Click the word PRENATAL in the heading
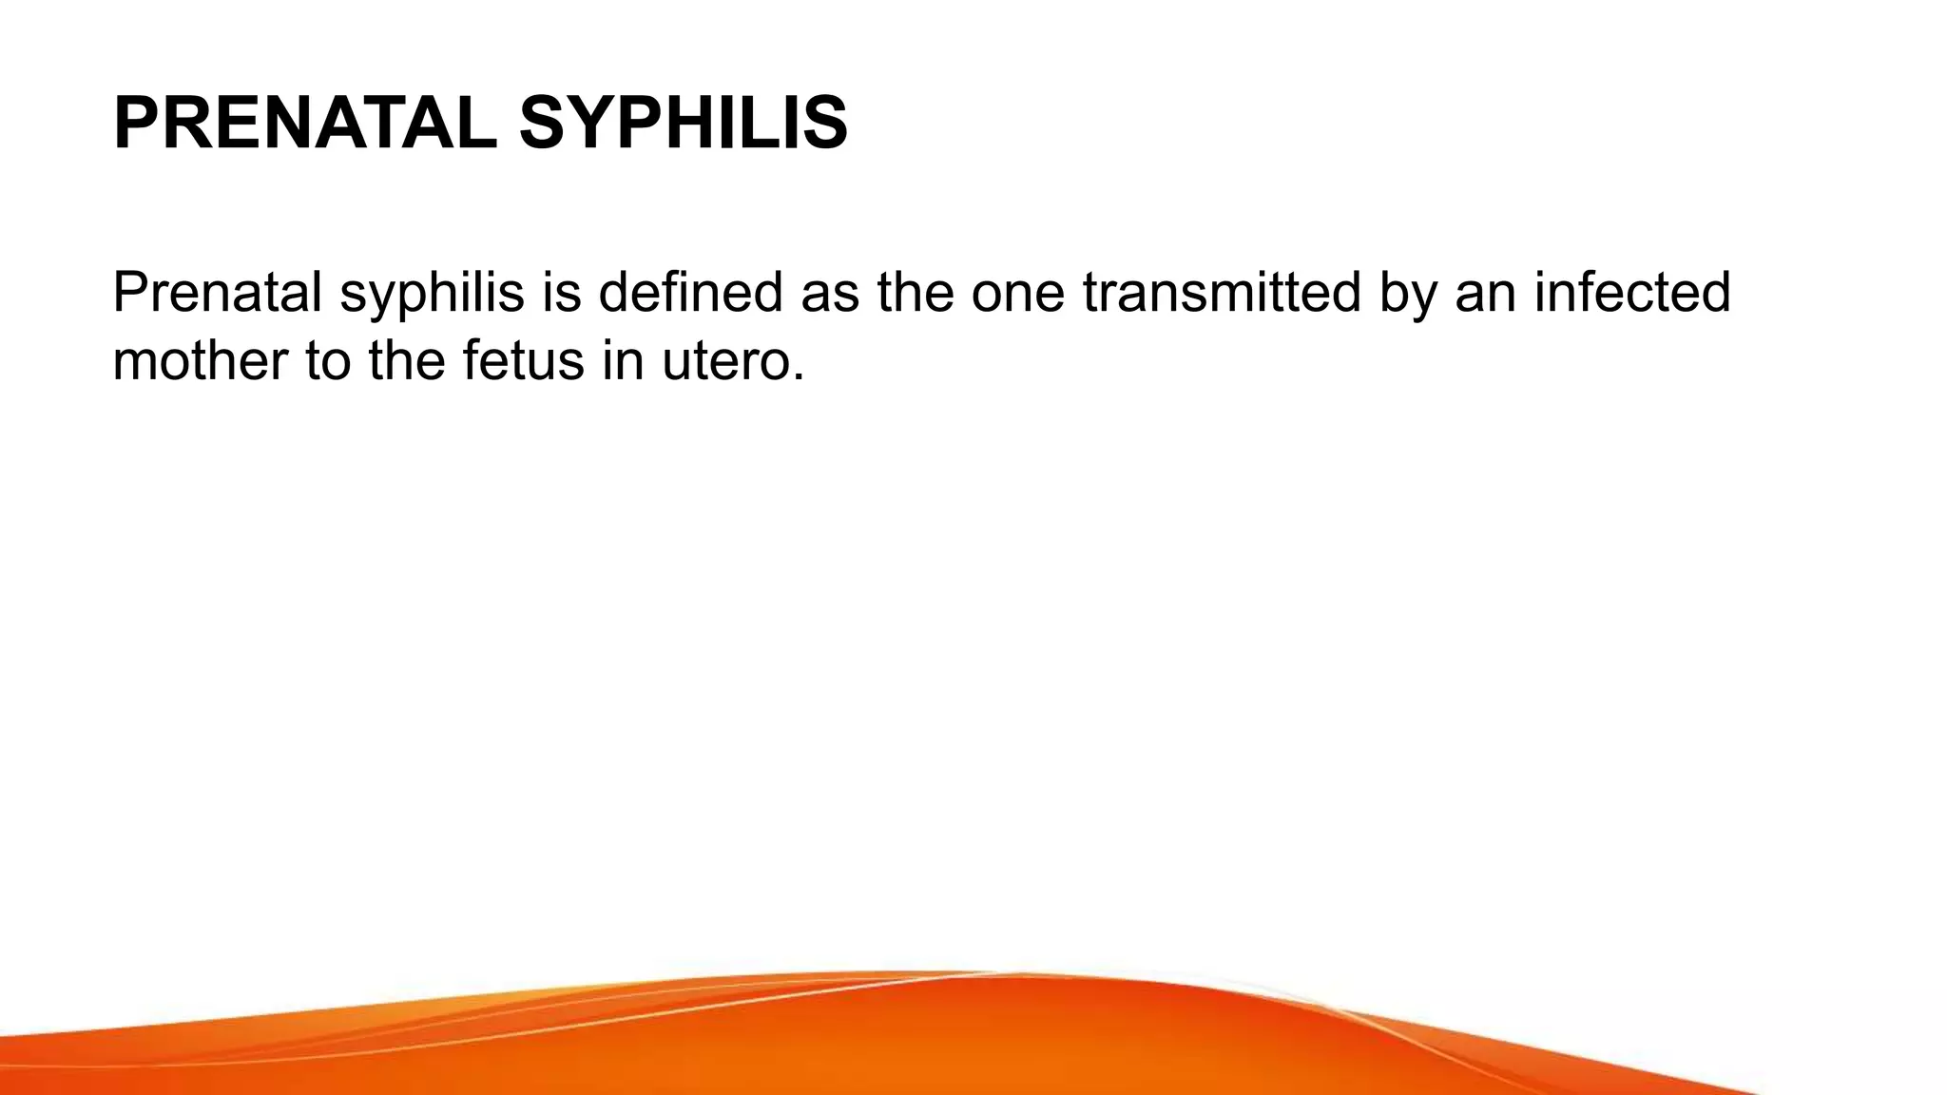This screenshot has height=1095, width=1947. pyautogui.click(x=304, y=124)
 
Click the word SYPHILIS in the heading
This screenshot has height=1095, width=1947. pyautogui.click(x=683, y=124)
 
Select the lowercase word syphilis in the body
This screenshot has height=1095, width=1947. pyautogui.click(x=433, y=295)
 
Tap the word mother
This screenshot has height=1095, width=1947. pyautogui.click(x=200, y=361)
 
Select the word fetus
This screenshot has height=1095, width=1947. pyautogui.click(x=523, y=361)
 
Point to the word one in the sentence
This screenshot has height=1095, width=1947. pyautogui.click(x=1018, y=295)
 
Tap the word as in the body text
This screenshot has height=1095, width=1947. pyautogui.click(x=829, y=295)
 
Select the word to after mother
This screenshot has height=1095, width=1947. pyautogui.click(x=328, y=363)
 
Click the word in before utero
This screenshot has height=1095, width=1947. pyautogui.click(x=623, y=361)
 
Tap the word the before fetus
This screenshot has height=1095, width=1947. pyautogui.click(x=407, y=361)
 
